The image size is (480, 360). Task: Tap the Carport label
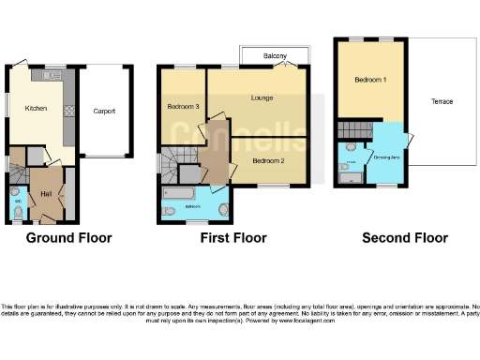pos(104,111)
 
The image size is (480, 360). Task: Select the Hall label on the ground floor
pos(45,193)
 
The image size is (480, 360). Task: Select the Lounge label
pos(261,97)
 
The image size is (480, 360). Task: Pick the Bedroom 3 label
pos(182,106)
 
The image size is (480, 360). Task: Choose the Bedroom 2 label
pos(267,160)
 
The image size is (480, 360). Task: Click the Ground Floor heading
pos(68,238)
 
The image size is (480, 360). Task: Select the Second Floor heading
pos(404,238)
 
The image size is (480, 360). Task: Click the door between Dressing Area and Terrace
pos(410,142)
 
